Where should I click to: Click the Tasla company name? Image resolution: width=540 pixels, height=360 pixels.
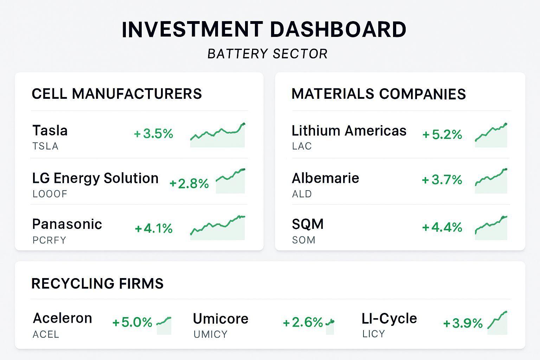50,130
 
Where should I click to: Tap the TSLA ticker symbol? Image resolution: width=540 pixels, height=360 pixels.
45,146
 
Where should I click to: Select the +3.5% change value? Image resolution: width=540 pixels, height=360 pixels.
154,134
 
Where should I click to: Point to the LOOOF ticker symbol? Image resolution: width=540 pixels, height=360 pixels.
50,194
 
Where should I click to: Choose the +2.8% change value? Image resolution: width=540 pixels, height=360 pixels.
189,184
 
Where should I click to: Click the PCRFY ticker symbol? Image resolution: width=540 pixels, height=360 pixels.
49,240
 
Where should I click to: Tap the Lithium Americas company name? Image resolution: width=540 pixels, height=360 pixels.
349,131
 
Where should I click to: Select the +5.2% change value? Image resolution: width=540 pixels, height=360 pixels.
442,134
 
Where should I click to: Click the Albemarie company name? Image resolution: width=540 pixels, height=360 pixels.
325,178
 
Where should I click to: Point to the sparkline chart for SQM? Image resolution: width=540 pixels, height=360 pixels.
491,228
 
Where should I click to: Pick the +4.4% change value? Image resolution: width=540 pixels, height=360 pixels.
442,227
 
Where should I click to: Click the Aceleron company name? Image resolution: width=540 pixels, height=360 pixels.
63,318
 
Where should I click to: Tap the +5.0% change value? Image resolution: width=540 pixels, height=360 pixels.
132,322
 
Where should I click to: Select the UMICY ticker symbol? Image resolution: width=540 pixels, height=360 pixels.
211,334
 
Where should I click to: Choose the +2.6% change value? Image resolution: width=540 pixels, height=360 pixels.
303,322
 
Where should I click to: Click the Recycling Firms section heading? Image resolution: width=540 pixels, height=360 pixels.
97,284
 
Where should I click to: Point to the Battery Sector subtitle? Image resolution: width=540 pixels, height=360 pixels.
268,54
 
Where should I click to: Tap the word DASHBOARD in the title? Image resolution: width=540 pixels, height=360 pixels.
338,30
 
